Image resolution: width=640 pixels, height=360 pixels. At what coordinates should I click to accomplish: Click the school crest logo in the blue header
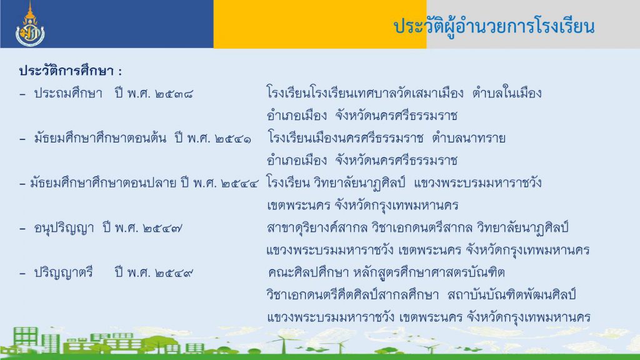[30, 24]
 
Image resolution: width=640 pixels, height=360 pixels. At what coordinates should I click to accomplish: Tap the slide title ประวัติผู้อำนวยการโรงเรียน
[494, 26]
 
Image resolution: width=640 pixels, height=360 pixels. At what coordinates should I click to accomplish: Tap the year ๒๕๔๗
[163, 229]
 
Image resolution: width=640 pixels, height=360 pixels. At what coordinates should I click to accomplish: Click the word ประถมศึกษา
[68, 94]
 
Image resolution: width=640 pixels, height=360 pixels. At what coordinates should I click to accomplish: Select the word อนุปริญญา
[64, 228]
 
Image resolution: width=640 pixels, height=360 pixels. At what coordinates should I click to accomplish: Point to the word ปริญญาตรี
[63, 272]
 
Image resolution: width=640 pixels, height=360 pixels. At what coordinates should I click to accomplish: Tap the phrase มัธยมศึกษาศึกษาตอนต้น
[100, 138]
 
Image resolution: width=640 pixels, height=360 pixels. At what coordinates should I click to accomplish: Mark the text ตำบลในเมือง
[507, 94]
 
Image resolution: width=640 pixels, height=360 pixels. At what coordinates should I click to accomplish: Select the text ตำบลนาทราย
[469, 138]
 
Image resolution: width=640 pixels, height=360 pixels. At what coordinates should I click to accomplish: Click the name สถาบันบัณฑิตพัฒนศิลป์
[511, 294]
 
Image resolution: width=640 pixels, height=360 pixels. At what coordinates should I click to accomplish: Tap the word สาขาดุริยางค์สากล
[317, 227]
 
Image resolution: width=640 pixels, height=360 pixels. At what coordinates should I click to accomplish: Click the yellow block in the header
[320, 24]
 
